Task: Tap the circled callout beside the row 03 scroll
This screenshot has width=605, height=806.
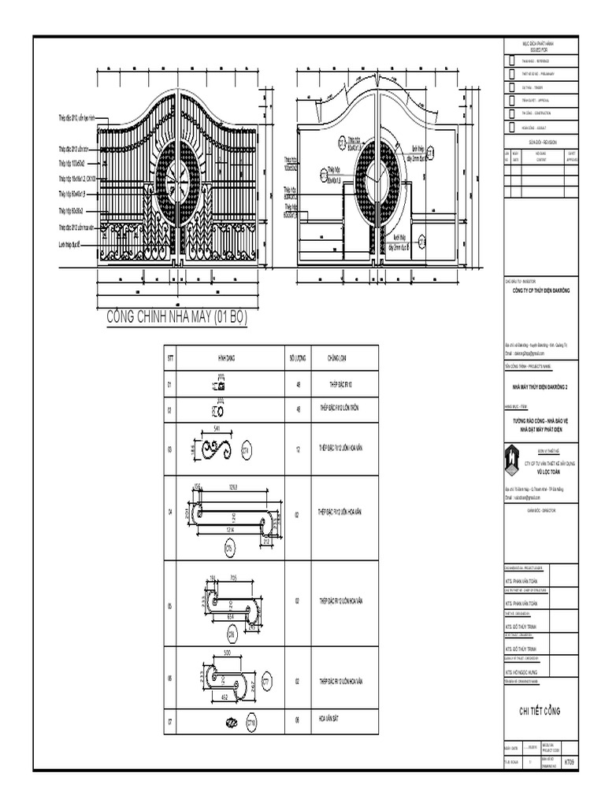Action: tap(247, 450)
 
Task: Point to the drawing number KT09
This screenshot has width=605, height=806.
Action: tap(569, 763)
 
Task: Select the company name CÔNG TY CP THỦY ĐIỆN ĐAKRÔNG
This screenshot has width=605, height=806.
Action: tap(540, 291)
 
